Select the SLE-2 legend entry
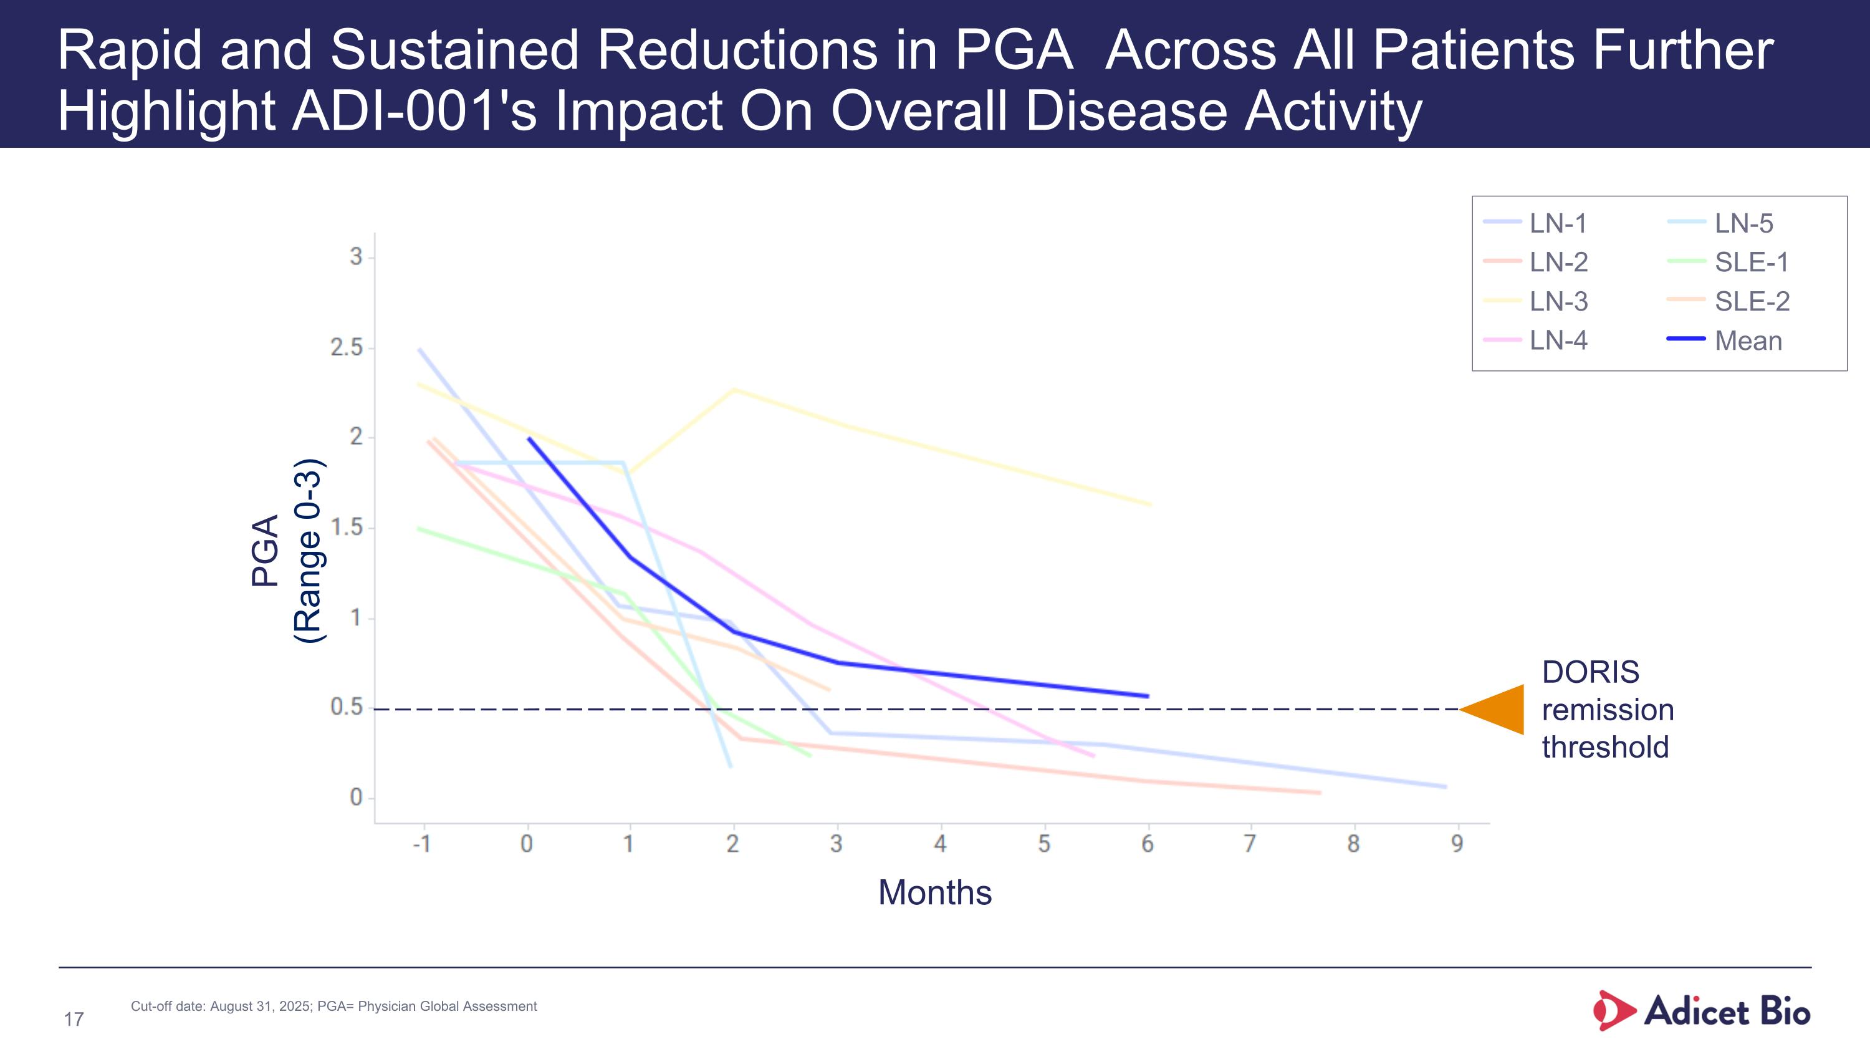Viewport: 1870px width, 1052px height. [1751, 301]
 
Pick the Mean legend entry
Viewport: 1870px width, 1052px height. [1747, 340]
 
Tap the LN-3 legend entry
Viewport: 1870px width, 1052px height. [1558, 301]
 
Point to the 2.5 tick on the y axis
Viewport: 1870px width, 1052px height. [347, 348]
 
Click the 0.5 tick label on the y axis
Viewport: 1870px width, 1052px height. [347, 707]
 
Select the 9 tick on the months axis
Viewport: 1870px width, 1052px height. [1457, 844]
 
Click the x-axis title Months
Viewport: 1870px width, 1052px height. [934, 892]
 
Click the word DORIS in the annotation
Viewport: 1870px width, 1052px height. [1589, 672]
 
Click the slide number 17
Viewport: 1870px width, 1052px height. [74, 1020]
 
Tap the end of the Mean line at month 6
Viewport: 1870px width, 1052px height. [1148, 697]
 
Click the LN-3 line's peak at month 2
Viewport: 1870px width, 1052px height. [734, 390]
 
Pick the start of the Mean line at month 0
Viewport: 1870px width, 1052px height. [529, 438]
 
